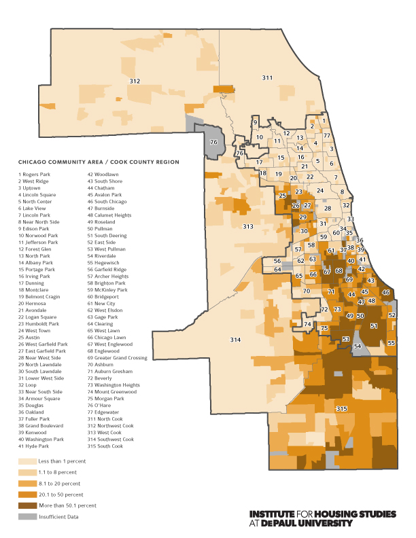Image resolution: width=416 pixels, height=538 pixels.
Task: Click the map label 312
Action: coord(135,82)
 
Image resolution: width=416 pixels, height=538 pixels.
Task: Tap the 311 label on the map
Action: coord(267,78)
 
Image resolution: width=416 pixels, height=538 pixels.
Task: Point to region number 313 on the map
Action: coord(248,226)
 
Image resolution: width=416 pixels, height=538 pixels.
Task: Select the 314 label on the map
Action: coord(235,339)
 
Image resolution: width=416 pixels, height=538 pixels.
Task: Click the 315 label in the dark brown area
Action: coord(341,408)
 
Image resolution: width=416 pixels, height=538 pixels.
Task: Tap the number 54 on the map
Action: coord(358,346)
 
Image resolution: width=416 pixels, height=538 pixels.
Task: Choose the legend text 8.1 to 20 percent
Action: coord(58,483)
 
